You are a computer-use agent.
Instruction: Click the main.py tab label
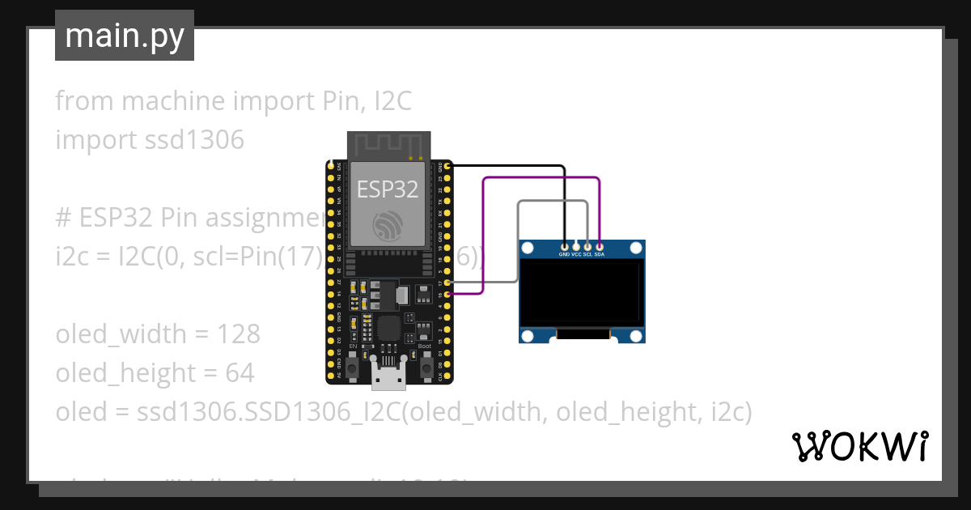[124, 36]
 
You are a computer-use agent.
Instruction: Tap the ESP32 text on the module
[388, 189]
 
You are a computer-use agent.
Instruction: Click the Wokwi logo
[859, 446]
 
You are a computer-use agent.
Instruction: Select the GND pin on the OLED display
[564, 245]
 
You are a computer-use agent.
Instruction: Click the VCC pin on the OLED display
[576, 245]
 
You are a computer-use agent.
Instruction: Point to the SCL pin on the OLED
[587, 245]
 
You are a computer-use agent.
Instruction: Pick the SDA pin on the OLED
[599, 245]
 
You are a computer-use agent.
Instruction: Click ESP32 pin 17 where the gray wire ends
[447, 283]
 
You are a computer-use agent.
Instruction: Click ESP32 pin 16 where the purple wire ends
[447, 295]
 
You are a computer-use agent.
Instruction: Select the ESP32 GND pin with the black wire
[447, 166]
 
